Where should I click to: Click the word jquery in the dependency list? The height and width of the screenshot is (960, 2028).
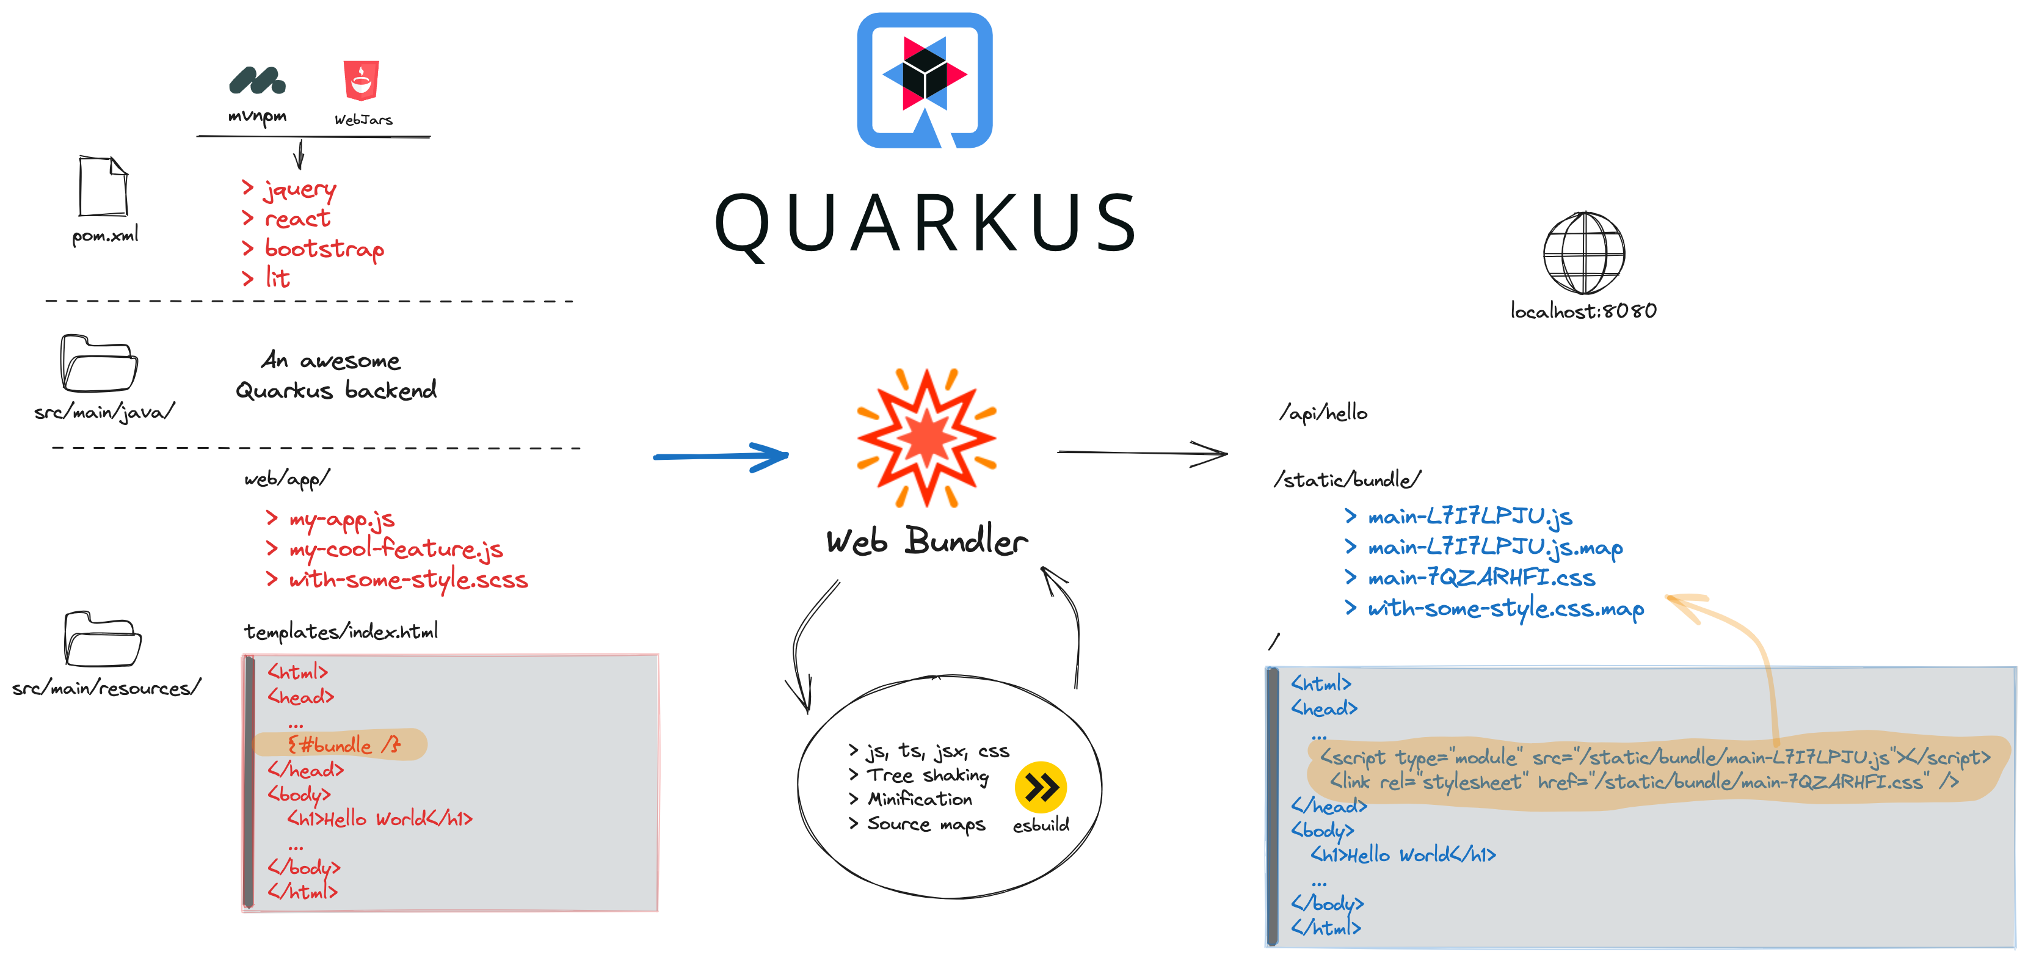pyautogui.click(x=300, y=190)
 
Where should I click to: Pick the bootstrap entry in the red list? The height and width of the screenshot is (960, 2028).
pyautogui.click(x=324, y=249)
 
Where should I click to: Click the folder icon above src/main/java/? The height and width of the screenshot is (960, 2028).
pyautogui.click(x=99, y=364)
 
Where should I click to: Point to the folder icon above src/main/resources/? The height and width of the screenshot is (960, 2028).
pyautogui.click(x=103, y=639)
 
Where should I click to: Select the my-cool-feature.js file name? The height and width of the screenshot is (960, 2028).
pyautogui.click(x=396, y=549)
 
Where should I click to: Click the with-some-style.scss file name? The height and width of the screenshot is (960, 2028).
pyautogui.click(x=409, y=580)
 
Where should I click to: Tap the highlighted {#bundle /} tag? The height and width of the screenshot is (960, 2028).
pyautogui.click(x=344, y=744)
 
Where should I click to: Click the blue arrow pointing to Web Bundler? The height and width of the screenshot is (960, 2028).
pyautogui.click(x=721, y=456)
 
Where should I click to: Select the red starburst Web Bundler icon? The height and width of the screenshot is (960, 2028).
pyautogui.click(x=926, y=437)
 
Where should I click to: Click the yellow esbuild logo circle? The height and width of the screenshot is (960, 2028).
pyautogui.click(x=1041, y=787)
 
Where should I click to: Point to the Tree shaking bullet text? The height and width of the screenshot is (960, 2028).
pyautogui.click(x=928, y=775)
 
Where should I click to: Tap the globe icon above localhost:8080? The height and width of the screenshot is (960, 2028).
pyautogui.click(x=1584, y=253)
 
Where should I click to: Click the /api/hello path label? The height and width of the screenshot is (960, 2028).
pyautogui.click(x=1324, y=413)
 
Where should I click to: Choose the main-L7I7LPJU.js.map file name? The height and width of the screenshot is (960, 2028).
pyautogui.click(x=1495, y=547)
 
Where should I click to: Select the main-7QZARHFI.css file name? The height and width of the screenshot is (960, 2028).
pyautogui.click(x=1481, y=578)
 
